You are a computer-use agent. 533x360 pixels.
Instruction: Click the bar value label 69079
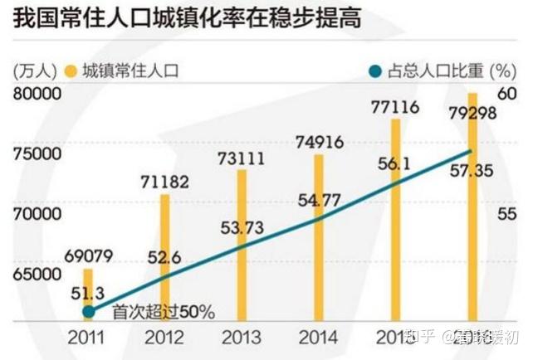(87, 255)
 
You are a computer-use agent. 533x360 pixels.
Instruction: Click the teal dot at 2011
(89, 312)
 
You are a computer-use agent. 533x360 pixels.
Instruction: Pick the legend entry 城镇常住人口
(125, 71)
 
